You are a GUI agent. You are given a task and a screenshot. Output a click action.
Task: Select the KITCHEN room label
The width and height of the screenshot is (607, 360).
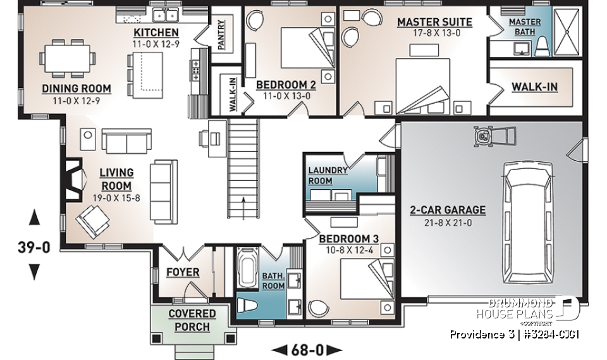156,32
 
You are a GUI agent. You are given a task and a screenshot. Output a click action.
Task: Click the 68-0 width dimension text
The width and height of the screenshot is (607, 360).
307,349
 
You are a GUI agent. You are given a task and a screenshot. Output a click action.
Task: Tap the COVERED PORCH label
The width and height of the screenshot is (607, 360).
192,320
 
